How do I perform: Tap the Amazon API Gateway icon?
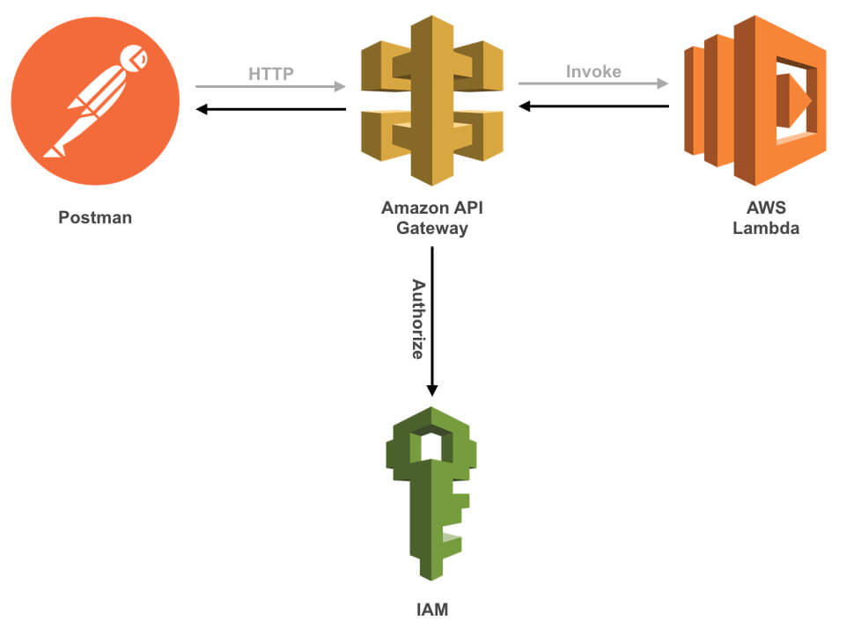(431, 99)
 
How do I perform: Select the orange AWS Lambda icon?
(755, 99)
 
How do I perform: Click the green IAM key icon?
(431, 493)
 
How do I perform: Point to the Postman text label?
(95, 217)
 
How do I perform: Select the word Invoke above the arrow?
(593, 72)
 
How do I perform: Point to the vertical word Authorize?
(418, 318)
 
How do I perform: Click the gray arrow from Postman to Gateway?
(271, 87)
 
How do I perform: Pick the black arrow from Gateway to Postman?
(271, 109)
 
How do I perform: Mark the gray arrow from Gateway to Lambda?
(593, 84)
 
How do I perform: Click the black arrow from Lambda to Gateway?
(593, 106)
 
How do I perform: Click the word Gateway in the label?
(430, 229)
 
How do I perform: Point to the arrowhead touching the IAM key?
(431, 389)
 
